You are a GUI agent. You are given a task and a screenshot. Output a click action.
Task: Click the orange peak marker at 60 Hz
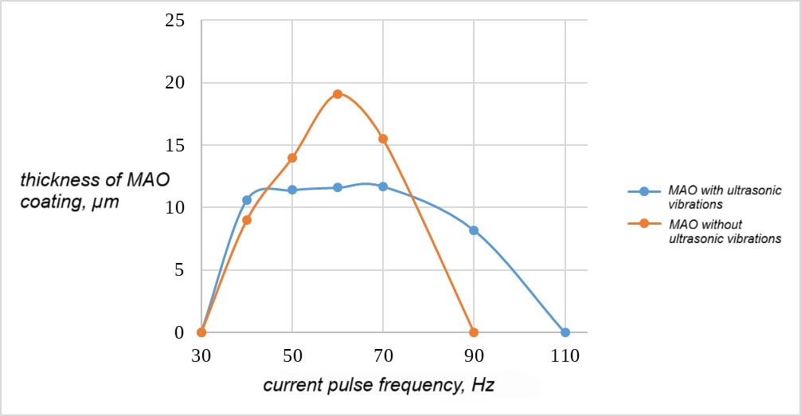(338, 94)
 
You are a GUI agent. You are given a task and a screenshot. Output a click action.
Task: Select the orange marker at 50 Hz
(292, 158)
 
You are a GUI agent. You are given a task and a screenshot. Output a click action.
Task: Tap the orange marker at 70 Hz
(383, 139)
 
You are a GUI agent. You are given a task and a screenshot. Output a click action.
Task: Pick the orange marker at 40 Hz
(247, 220)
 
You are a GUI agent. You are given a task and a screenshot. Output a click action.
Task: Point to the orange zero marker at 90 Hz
(474, 332)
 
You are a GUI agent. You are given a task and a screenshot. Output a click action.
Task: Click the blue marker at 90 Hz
(474, 230)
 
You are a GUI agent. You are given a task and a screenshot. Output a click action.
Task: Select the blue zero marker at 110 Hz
(565, 332)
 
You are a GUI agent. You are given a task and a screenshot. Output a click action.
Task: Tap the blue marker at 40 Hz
(247, 200)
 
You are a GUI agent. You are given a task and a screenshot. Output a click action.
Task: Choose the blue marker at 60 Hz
(338, 187)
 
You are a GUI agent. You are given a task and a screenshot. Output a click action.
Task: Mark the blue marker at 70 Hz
(383, 186)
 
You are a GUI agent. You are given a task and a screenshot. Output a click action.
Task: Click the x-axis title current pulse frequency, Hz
(378, 386)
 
